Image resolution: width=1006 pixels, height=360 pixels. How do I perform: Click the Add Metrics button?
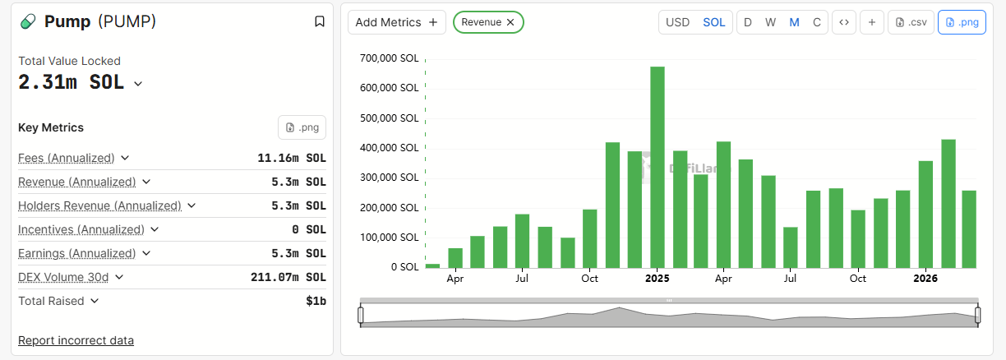click(x=397, y=22)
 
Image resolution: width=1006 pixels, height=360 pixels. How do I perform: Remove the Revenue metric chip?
click(x=510, y=22)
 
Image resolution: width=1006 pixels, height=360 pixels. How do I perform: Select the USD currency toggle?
click(x=677, y=22)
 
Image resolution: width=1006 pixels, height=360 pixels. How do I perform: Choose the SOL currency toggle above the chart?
click(x=714, y=22)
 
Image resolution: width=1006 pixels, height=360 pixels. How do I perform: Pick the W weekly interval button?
click(x=770, y=22)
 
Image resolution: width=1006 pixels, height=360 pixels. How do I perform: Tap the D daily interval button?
click(x=748, y=22)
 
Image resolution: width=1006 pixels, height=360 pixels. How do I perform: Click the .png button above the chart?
click(x=962, y=22)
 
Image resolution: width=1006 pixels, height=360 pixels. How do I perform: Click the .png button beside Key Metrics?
click(x=302, y=127)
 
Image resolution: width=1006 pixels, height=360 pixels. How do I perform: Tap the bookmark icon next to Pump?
click(x=320, y=21)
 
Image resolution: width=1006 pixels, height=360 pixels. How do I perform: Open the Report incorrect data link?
click(x=76, y=340)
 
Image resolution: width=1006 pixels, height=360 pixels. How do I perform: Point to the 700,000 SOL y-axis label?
click(x=390, y=58)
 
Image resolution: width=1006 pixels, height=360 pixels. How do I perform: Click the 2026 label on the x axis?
click(x=925, y=279)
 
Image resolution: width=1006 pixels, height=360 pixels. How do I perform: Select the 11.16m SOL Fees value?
click(x=292, y=158)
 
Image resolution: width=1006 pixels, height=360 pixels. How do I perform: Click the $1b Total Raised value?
click(x=316, y=301)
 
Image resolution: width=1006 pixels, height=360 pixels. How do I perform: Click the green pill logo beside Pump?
click(x=29, y=22)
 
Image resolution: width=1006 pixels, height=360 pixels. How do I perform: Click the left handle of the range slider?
click(x=360, y=314)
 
